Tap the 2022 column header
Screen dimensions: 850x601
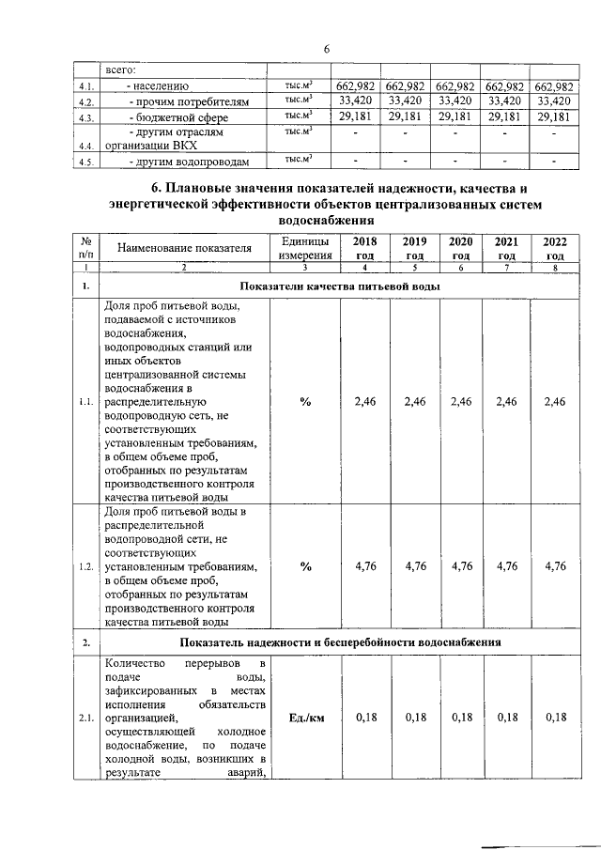tap(555, 248)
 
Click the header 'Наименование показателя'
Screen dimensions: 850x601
tap(185, 248)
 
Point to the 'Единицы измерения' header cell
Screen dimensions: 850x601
tap(304, 248)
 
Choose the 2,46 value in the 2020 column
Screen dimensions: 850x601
tap(460, 402)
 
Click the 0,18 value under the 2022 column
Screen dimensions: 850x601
tap(555, 719)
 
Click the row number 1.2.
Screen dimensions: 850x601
tap(85, 566)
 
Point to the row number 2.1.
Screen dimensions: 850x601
tap(85, 719)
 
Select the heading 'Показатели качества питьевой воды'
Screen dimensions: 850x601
tap(339, 285)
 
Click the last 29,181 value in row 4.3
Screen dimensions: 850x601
tap(553, 116)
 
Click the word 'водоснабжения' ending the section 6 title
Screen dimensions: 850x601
tap(326, 219)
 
